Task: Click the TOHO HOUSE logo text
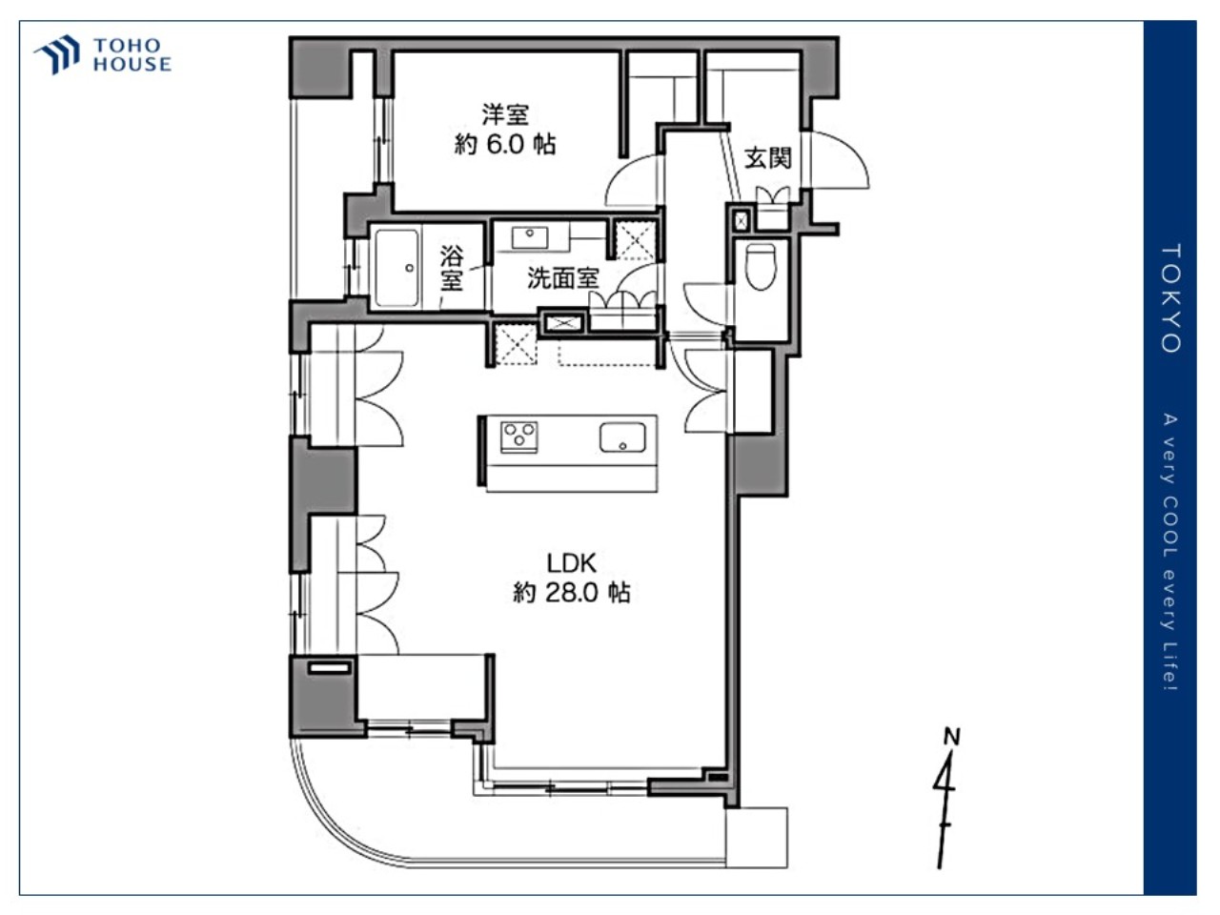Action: click(132, 55)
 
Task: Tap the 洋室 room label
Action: click(504, 115)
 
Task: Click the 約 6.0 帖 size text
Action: click(504, 145)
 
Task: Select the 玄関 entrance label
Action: click(767, 159)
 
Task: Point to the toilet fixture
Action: click(761, 267)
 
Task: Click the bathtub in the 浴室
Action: click(396, 268)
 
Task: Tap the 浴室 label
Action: click(452, 269)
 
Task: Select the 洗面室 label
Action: click(562, 278)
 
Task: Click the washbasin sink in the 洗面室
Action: click(530, 237)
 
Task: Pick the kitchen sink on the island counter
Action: click(622, 437)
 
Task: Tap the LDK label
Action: click(571, 563)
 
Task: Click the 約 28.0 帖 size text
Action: click(571, 593)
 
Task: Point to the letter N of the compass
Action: click(952, 737)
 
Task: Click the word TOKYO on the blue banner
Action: click(1170, 299)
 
